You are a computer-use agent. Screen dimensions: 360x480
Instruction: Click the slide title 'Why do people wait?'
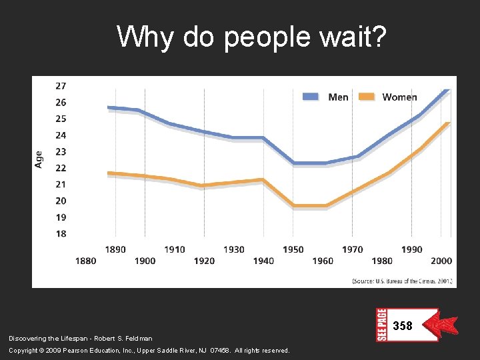pyautogui.click(x=251, y=37)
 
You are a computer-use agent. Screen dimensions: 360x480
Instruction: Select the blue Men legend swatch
pyautogui.click(x=311, y=97)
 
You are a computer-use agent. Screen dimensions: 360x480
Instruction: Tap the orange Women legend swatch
pyautogui.click(x=367, y=97)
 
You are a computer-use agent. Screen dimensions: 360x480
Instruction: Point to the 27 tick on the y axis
pyautogui.click(x=61, y=86)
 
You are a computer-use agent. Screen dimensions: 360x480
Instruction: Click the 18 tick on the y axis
pyautogui.click(x=61, y=233)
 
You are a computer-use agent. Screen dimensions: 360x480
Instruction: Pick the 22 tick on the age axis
pyautogui.click(x=61, y=168)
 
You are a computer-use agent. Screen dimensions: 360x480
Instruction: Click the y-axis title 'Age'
pyautogui.click(x=39, y=159)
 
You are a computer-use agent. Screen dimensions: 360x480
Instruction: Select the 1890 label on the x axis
pyautogui.click(x=115, y=249)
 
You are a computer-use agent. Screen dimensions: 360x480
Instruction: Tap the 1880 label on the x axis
pyautogui.click(x=86, y=261)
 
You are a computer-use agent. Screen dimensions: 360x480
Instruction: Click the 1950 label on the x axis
pyautogui.click(x=293, y=249)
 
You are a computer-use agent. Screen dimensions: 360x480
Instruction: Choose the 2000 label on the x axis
pyautogui.click(x=441, y=261)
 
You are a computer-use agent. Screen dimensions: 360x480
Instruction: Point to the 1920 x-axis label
pyautogui.click(x=204, y=261)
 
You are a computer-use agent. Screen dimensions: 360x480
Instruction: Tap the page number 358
pyautogui.click(x=403, y=326)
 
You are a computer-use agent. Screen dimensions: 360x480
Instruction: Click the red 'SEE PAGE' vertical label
pyautogui.click(x=382, y=325)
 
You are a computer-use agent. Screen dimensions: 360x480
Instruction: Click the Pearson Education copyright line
pyautogui.click(x=149, y=350)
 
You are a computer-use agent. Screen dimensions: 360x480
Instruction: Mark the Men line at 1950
pyautogui.click(x=294, y=163)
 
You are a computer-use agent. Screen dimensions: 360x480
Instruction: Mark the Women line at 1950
pyautogui.click(x=294, y=205)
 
